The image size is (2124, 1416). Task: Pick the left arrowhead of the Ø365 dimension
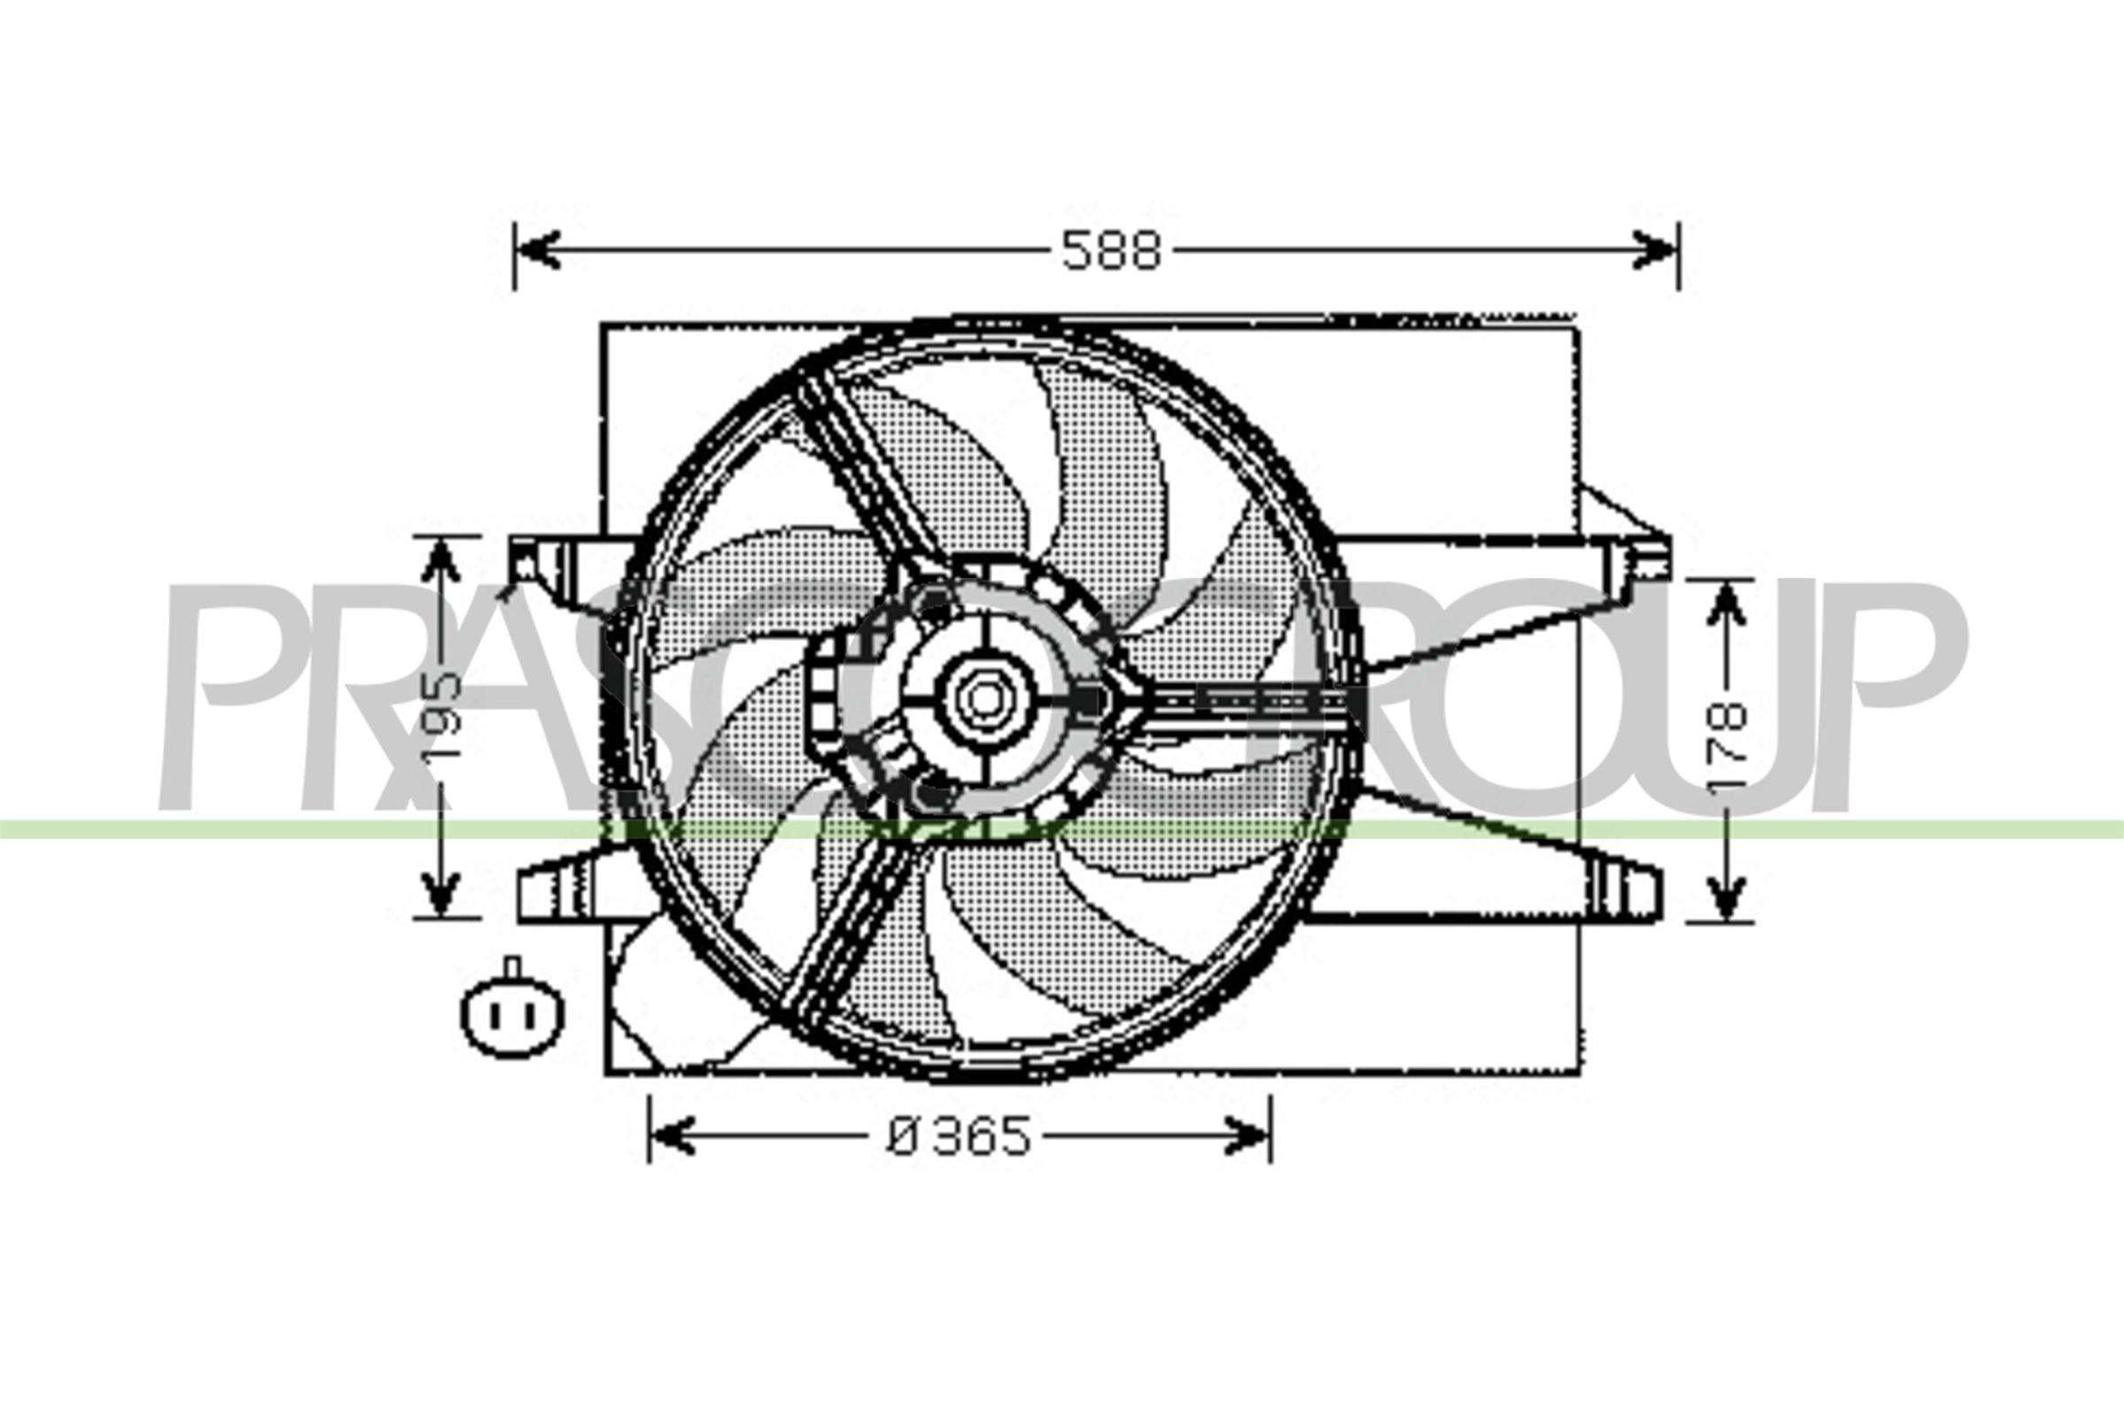pos(672,1136)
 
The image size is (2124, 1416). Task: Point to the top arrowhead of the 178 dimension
pos(1726,601)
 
